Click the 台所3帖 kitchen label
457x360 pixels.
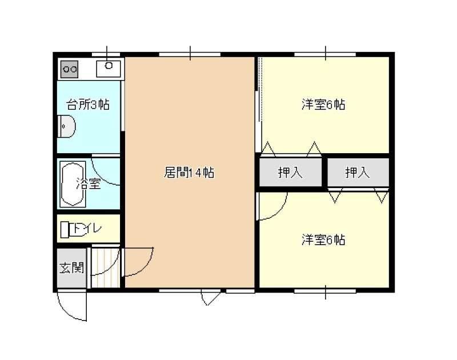(x=88, y=105)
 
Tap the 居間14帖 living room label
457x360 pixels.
(x=189, y=173)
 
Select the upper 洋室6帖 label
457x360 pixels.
(x=323, y=105)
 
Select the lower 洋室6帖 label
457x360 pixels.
(x=323, y=240)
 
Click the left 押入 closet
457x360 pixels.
(x=291, y=172)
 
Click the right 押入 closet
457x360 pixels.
(x=358, y=172)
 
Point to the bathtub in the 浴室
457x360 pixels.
(x=73, y=184)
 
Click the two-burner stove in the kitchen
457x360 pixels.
(x=69, y=69)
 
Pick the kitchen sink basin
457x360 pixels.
(x=109, y=69)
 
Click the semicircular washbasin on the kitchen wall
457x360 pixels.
(x=67, y=126)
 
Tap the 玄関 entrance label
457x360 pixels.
(x=72, y=268)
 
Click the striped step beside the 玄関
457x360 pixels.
(x=106, y=268)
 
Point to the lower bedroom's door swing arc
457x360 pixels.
(x=280, y=213)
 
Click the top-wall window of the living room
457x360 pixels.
(x=190, y=54)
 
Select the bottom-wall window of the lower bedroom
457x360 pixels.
(x=325, y=291)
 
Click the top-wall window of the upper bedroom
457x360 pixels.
(x=325, y=54)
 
